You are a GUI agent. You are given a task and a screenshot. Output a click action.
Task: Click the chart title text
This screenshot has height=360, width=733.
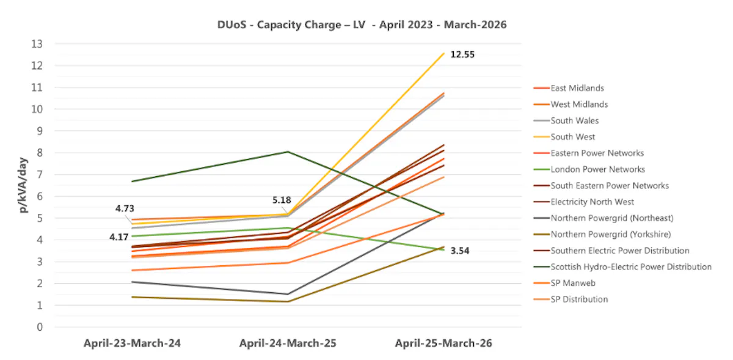tap(362, 25)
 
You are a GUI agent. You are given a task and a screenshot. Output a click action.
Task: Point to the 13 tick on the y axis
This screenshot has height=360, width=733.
tap(38, 44)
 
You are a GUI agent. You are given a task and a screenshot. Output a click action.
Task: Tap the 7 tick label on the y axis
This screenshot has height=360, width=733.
tap(40, 175)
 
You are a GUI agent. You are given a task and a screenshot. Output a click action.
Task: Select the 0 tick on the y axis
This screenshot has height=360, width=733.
tap(40, 327)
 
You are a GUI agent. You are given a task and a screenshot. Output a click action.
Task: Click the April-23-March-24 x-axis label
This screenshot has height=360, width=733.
tap(132, 343)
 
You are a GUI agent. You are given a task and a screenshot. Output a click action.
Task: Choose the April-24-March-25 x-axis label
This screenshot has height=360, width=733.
tap(288, 343)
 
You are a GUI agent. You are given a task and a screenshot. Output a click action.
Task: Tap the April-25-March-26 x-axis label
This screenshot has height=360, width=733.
tap(443, 343)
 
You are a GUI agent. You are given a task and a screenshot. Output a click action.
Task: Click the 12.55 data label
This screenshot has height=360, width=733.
tap(462, 54)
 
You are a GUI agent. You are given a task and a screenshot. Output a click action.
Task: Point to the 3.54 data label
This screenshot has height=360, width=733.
tap(462, 251)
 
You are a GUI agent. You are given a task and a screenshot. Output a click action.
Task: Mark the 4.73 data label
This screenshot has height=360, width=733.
tap(127, 209)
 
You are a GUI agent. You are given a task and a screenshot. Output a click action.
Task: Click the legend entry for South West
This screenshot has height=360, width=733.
tap(572, 137)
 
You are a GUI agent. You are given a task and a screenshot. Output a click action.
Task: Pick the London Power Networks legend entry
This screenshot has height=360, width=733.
tap(597, 169)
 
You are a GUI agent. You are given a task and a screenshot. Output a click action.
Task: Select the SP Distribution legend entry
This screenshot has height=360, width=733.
tap(579, 299)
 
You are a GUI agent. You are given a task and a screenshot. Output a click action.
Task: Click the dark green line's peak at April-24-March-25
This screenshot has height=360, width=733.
tap(288, 152)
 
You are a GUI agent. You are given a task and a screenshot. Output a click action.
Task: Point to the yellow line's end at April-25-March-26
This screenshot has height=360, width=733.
tap(443, 53)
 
